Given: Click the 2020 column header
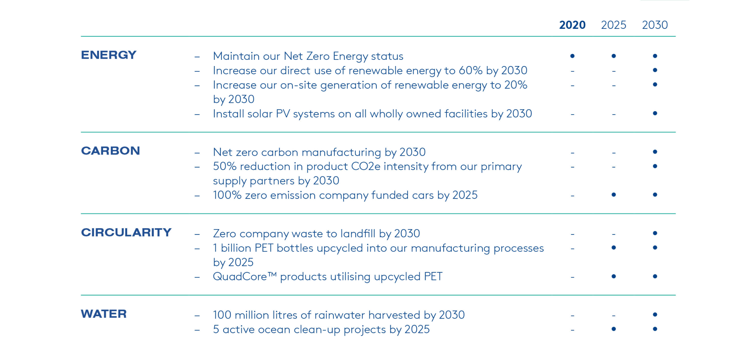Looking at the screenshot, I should point(572,25).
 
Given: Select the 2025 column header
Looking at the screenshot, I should point(613,25).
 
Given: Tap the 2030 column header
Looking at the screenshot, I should point(654,25).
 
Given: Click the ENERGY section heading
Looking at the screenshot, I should point(109,55).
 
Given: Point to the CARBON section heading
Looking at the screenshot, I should point(110,151).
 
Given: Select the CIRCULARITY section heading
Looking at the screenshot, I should point(126,232).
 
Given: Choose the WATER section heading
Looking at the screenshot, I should point(103,314).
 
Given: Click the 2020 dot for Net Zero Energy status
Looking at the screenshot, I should point(572,56).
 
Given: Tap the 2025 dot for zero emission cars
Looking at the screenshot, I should point(613,195).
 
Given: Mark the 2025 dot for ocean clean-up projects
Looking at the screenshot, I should point(613,329).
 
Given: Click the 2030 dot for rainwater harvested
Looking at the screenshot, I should point(655,315).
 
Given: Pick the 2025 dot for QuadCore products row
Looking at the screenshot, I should point(613,276).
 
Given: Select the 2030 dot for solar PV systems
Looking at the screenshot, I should point(655,113).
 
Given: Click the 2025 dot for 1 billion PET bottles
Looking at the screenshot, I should point(613,248).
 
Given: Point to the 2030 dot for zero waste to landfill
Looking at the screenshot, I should point(655,233).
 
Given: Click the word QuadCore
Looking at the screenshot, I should point(240,276).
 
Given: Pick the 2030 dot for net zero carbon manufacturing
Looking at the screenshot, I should point(655,152).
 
